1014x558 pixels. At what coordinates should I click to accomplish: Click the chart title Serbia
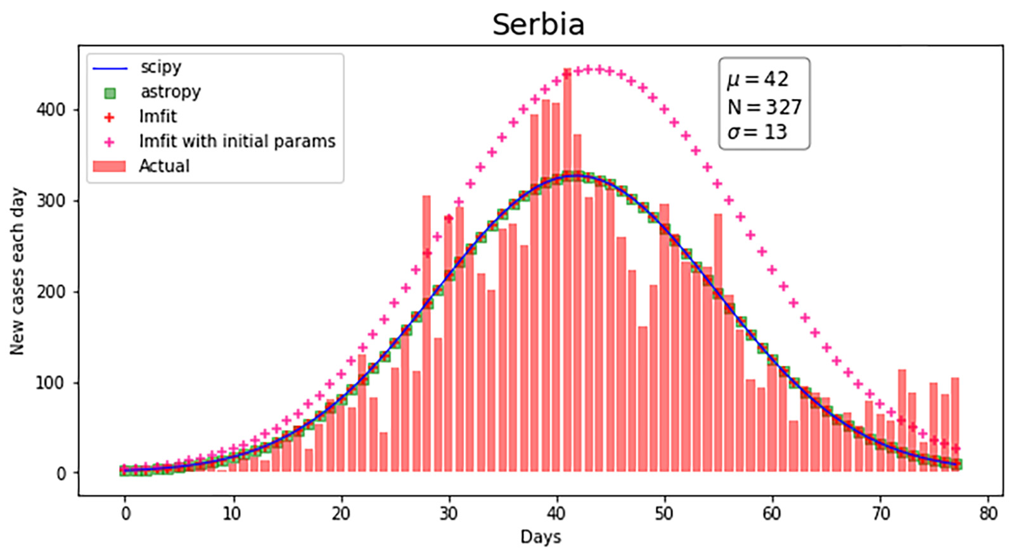[538, 25]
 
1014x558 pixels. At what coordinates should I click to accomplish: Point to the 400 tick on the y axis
[51, 110]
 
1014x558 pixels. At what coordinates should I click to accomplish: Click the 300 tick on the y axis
[51, 201]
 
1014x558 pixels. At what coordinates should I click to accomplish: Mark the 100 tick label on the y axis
[51, 383]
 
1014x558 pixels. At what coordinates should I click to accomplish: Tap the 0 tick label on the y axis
[61, 474]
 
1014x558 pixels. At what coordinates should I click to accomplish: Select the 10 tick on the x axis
[233, 513]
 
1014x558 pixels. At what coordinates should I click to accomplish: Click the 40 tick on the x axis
[556, 513]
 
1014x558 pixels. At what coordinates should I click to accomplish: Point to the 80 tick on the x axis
[987, 513]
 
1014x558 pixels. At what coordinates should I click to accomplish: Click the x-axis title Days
[541, 537]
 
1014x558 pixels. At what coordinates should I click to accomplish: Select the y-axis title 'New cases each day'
[17, 271]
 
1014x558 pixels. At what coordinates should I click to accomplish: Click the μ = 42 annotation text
[757, 79]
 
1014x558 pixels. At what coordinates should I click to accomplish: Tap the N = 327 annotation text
[764, 106]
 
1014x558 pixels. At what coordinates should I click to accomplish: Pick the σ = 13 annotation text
[757, 132]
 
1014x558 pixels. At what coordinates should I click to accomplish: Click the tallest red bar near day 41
[567, 272]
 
